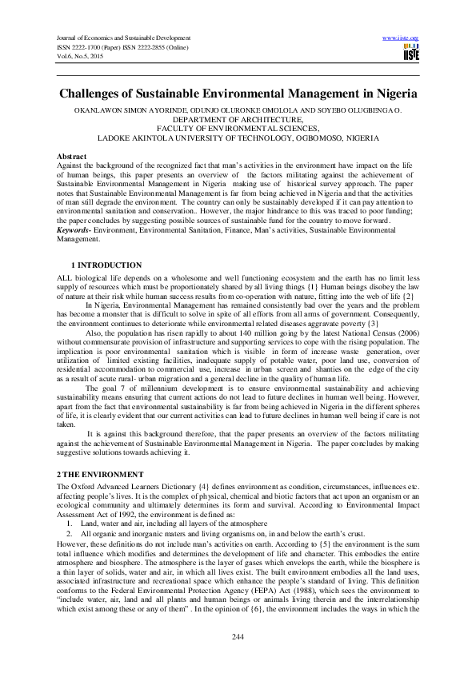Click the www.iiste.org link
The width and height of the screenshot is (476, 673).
pos(401,38)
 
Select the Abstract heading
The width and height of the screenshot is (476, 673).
pos(72,155)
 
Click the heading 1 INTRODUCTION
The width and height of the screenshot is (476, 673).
pos(106,265)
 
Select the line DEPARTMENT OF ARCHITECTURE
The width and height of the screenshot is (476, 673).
pos(238,118)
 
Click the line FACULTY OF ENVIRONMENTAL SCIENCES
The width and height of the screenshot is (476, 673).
pos(238,127)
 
